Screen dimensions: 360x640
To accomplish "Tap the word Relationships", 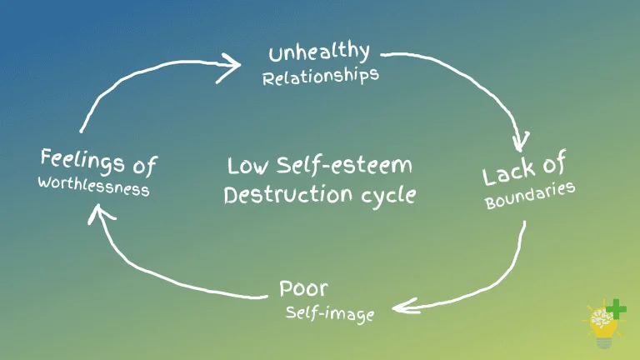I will (x=321, y=77).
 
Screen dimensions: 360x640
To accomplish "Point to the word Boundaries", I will (x=530, y=197).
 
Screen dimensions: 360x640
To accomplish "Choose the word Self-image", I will (x=330, y=314).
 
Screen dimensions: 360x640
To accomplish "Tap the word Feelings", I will (x=82, y=161).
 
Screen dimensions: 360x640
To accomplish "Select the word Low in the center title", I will (x=247, y=165).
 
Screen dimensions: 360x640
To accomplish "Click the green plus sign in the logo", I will (x=616, y=311).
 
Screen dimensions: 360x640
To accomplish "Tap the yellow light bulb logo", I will (x=602, y=327).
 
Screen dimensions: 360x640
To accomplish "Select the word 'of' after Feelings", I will (x=145, y=167).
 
